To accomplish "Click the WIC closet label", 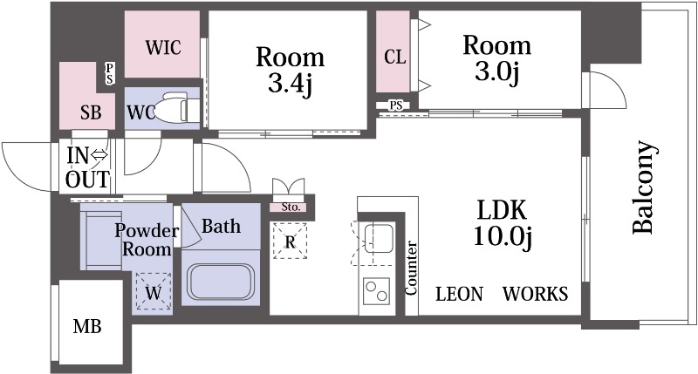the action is [x=163, y=47].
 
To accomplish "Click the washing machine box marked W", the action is [x=154, y=291].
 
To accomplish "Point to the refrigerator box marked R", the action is [x=290, y=241].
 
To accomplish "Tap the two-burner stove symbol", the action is [x=376, y=291].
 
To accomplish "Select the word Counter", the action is [x=411, y=269].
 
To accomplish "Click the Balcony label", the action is [x=643, y=187].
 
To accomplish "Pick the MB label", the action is [x=87, y=327].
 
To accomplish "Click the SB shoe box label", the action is [x=91, y=113].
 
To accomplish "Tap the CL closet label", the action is [x=395, y=57].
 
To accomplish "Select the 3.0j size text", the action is [x=496, y=71].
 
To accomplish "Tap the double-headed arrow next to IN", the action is [x=99, y=156].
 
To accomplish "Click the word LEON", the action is [x=459, y=294].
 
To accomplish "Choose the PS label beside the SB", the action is [x=110, y=74].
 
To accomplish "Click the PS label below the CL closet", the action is [x=396, y=105].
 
